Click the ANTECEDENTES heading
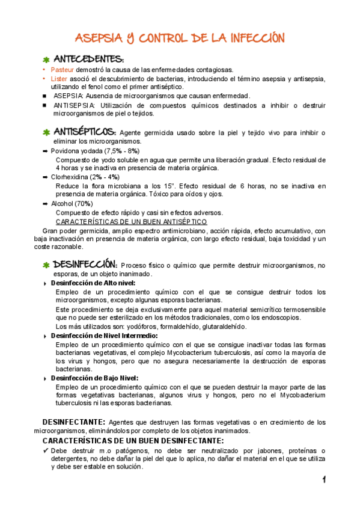coord(89,60)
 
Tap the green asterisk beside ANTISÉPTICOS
coord(46,132)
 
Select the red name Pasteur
coord(63,70)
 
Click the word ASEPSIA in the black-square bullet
coord(69,96)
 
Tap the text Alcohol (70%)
coord(72,204)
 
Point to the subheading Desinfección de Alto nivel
coord(93,283)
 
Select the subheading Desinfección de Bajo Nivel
coord(94,378)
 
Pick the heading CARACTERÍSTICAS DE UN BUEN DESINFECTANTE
coord(130,441)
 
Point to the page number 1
coord(324,479)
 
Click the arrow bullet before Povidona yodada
coord(46,151)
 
